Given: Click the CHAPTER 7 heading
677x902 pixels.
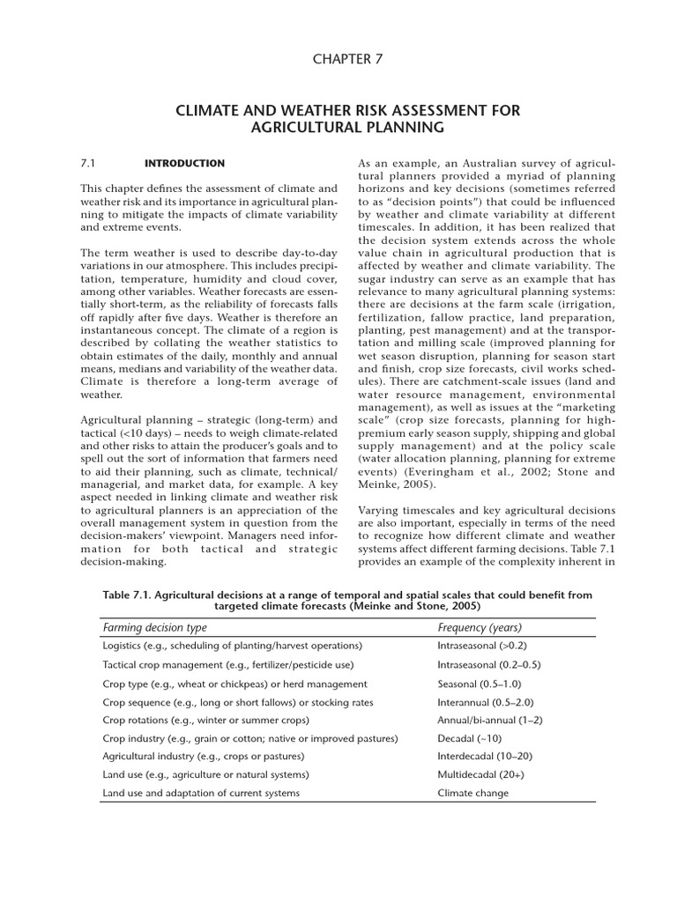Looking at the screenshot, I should [346, 58].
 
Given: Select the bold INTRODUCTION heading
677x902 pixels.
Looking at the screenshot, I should [183, 164].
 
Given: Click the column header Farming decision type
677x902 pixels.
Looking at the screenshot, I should [154, 628].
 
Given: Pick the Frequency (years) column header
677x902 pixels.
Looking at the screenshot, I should [480, 628].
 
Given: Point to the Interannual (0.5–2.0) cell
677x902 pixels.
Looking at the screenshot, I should [485, 702].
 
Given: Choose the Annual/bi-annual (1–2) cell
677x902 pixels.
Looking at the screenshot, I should [489, 720].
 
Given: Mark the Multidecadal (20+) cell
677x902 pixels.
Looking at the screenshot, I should [480, 774].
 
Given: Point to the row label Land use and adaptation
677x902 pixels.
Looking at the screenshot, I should [201, 793].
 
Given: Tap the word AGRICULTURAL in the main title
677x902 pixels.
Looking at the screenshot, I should [297, 128].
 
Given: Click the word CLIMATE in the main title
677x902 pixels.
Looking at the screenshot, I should [210, 110].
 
